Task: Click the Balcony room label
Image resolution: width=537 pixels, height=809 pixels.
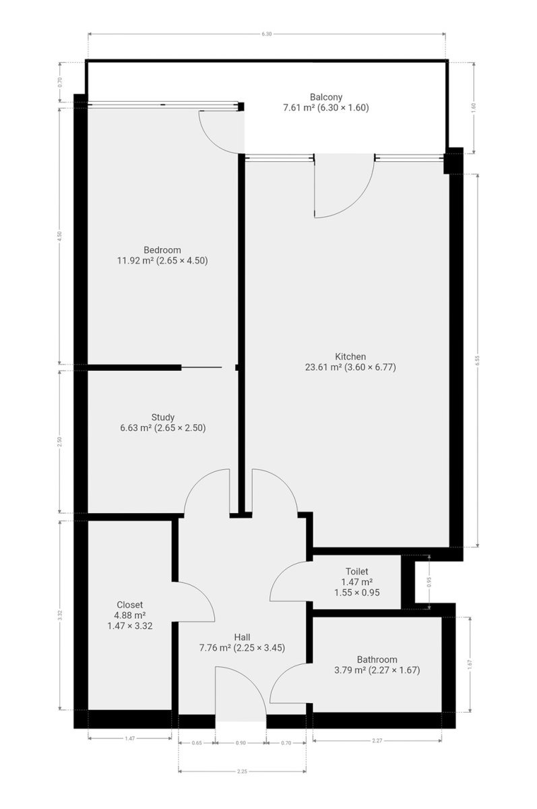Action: (x=326, y=97)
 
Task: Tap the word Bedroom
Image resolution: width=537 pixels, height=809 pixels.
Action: (x=162, y=250)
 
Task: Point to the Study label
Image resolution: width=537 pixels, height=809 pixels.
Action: (x=163, y=417)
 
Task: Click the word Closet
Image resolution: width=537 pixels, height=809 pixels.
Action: (x=129, y=605)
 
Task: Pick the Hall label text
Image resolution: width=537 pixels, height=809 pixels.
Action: (x=242, y=638)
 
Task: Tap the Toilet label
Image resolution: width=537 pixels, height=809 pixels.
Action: (x=356, y=572)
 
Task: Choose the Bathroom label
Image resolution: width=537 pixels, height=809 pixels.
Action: (x=377, y=660)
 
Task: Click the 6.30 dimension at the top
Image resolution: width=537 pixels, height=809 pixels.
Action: (x=266, y=34)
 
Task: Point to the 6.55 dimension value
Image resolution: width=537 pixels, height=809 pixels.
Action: (x=477, y=361)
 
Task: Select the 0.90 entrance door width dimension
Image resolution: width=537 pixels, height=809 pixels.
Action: (x=241, y=743)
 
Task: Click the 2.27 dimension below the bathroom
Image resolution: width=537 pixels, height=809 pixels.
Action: (x=377, y=740)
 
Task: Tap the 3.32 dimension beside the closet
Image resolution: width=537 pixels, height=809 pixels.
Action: (x=60, y=615)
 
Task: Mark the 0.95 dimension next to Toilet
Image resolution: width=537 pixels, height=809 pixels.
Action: (x=429, y=583)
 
